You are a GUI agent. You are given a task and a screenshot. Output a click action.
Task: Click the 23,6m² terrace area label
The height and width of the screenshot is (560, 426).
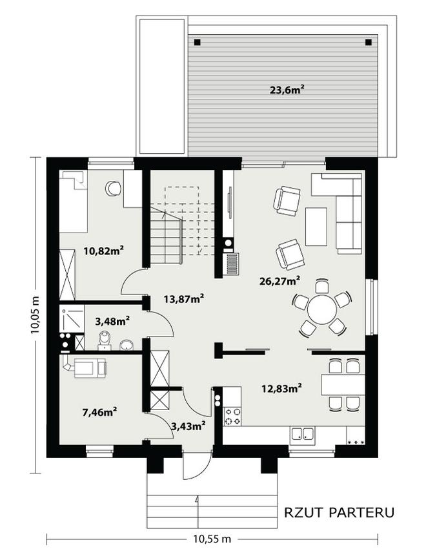click(287, 90)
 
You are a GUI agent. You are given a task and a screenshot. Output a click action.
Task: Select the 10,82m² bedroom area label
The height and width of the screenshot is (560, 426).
click(104, 251)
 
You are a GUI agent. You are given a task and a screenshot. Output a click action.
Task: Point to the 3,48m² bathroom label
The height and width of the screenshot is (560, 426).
click(112, 321)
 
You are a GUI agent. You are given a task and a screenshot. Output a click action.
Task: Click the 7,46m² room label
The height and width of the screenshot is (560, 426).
click(100, 412)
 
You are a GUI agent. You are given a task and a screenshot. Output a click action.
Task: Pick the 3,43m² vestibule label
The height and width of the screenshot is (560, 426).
click(188, 426)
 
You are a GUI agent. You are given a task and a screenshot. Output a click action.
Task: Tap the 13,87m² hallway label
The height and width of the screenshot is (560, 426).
click(184, 298)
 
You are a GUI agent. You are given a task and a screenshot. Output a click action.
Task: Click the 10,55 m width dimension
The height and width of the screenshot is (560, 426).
click(212, 538)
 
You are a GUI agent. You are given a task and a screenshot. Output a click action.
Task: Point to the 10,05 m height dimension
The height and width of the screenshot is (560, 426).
click(35, 315)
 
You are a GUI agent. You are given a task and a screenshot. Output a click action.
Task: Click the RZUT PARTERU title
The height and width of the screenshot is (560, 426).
click(340, 512)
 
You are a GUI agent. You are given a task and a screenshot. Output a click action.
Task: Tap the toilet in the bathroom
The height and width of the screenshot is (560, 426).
click(104, 340)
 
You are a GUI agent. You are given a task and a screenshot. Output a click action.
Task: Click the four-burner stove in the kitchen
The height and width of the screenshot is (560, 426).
click(232, 417)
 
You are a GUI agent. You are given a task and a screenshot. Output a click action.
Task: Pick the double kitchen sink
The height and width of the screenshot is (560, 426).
click(303, 433)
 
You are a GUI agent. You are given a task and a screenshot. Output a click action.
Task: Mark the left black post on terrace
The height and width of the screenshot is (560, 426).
click(198, 43)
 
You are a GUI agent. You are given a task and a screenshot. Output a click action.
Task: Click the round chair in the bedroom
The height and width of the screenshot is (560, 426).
click(114, 188)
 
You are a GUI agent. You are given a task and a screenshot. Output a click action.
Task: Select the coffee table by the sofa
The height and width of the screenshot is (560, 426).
click(316, 227)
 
